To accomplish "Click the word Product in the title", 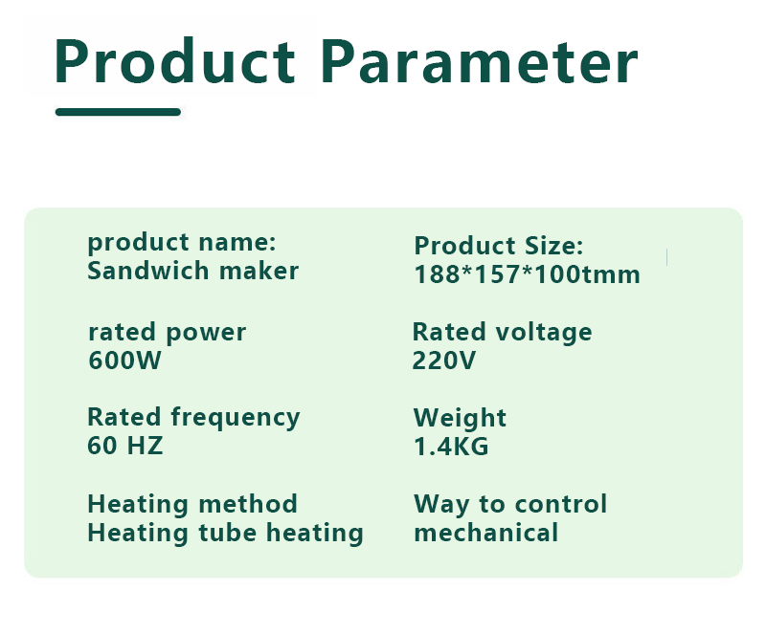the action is [175, 61].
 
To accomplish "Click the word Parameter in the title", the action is [480, 62].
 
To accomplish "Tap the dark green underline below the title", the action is [118, 112].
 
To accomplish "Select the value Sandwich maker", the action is [193, 271].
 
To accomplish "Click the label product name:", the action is [182, 243].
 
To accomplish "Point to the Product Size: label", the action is [498, 246].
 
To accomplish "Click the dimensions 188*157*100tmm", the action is [527, 274].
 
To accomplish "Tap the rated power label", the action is [167, 333].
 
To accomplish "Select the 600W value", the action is [124, 361].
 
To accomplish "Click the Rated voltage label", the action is [502, 333].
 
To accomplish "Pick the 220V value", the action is [443, 361].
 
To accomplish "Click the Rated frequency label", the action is [193, 418].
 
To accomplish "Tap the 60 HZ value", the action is [125, 446].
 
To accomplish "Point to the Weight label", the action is [460, 418].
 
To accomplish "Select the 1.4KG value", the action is [451, 447].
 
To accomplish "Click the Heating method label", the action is [192, 504].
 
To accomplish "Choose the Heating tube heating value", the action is [225, 533].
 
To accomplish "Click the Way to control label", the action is [510, 504].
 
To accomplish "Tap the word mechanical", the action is [486, 533].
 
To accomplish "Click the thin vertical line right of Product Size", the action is [666, 257].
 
